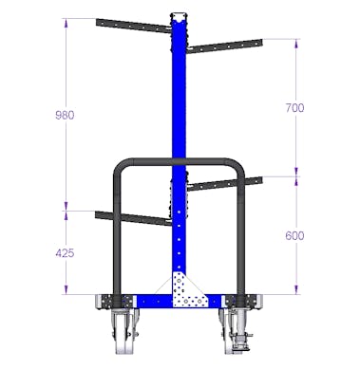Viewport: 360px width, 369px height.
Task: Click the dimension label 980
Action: click(65, 115)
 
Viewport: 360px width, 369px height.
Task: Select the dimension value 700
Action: click(294, 108)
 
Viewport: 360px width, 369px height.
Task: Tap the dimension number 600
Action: click(294, 235)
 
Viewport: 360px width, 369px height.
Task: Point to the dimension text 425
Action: click(65, 253)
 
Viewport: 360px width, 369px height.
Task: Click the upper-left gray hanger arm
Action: click(134, 26)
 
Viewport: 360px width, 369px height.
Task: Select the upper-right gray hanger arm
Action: click(225, 46)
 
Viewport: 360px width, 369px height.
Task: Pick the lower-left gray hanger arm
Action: click(133, 218)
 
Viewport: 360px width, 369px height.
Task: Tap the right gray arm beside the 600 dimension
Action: click(225, 184)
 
